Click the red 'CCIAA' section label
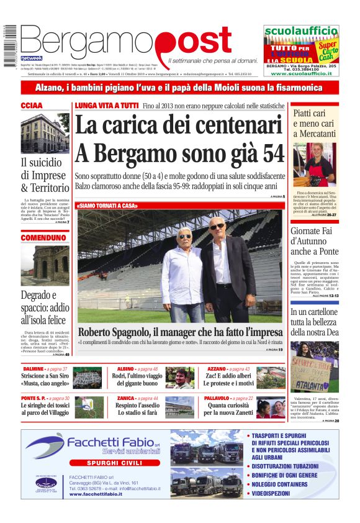point(32,106)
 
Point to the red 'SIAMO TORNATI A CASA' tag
point(107,206)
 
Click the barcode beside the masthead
point(9,44)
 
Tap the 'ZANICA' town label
point(126,398)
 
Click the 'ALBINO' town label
point(125,370)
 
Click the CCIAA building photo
point(45,134)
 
